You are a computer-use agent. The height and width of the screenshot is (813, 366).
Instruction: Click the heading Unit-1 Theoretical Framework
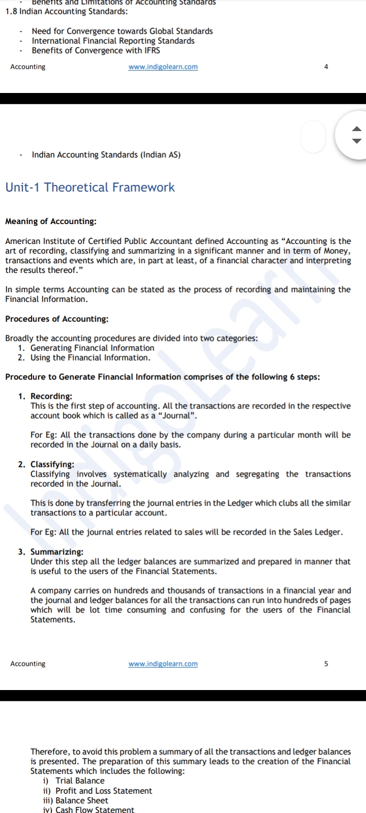point(90,187)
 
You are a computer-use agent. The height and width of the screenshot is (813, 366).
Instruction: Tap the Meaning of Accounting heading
point(51,222)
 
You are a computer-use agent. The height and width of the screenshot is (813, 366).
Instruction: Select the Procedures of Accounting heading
point(56,319)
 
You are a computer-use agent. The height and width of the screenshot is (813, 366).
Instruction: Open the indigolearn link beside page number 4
point(163,67)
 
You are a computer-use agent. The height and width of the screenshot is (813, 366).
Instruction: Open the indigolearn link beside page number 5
point(163,664)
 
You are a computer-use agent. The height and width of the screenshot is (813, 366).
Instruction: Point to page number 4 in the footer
point(326,67)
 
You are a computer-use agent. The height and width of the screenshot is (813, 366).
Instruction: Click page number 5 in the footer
point(326,664)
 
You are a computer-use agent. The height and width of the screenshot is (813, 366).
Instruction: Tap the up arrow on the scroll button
point(357,129)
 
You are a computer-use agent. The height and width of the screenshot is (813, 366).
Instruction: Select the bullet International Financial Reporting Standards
point(113,41)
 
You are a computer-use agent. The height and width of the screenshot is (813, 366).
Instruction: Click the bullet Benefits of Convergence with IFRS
point(96,51)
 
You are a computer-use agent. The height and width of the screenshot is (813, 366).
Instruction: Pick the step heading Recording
point(51,396)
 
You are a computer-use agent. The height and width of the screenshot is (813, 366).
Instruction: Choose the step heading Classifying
point(52,464)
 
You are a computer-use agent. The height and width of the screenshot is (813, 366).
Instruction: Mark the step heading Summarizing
point(57,552)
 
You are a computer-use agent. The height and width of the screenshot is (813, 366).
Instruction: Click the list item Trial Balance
point(80,781)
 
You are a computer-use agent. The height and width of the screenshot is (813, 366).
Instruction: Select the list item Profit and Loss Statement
point(104,791)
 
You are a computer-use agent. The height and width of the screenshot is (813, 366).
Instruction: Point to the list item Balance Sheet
point(82,801)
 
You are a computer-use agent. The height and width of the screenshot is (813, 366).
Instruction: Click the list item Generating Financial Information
point(92,348)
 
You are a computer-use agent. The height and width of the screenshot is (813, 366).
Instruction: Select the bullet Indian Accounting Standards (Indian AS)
point(106,155)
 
